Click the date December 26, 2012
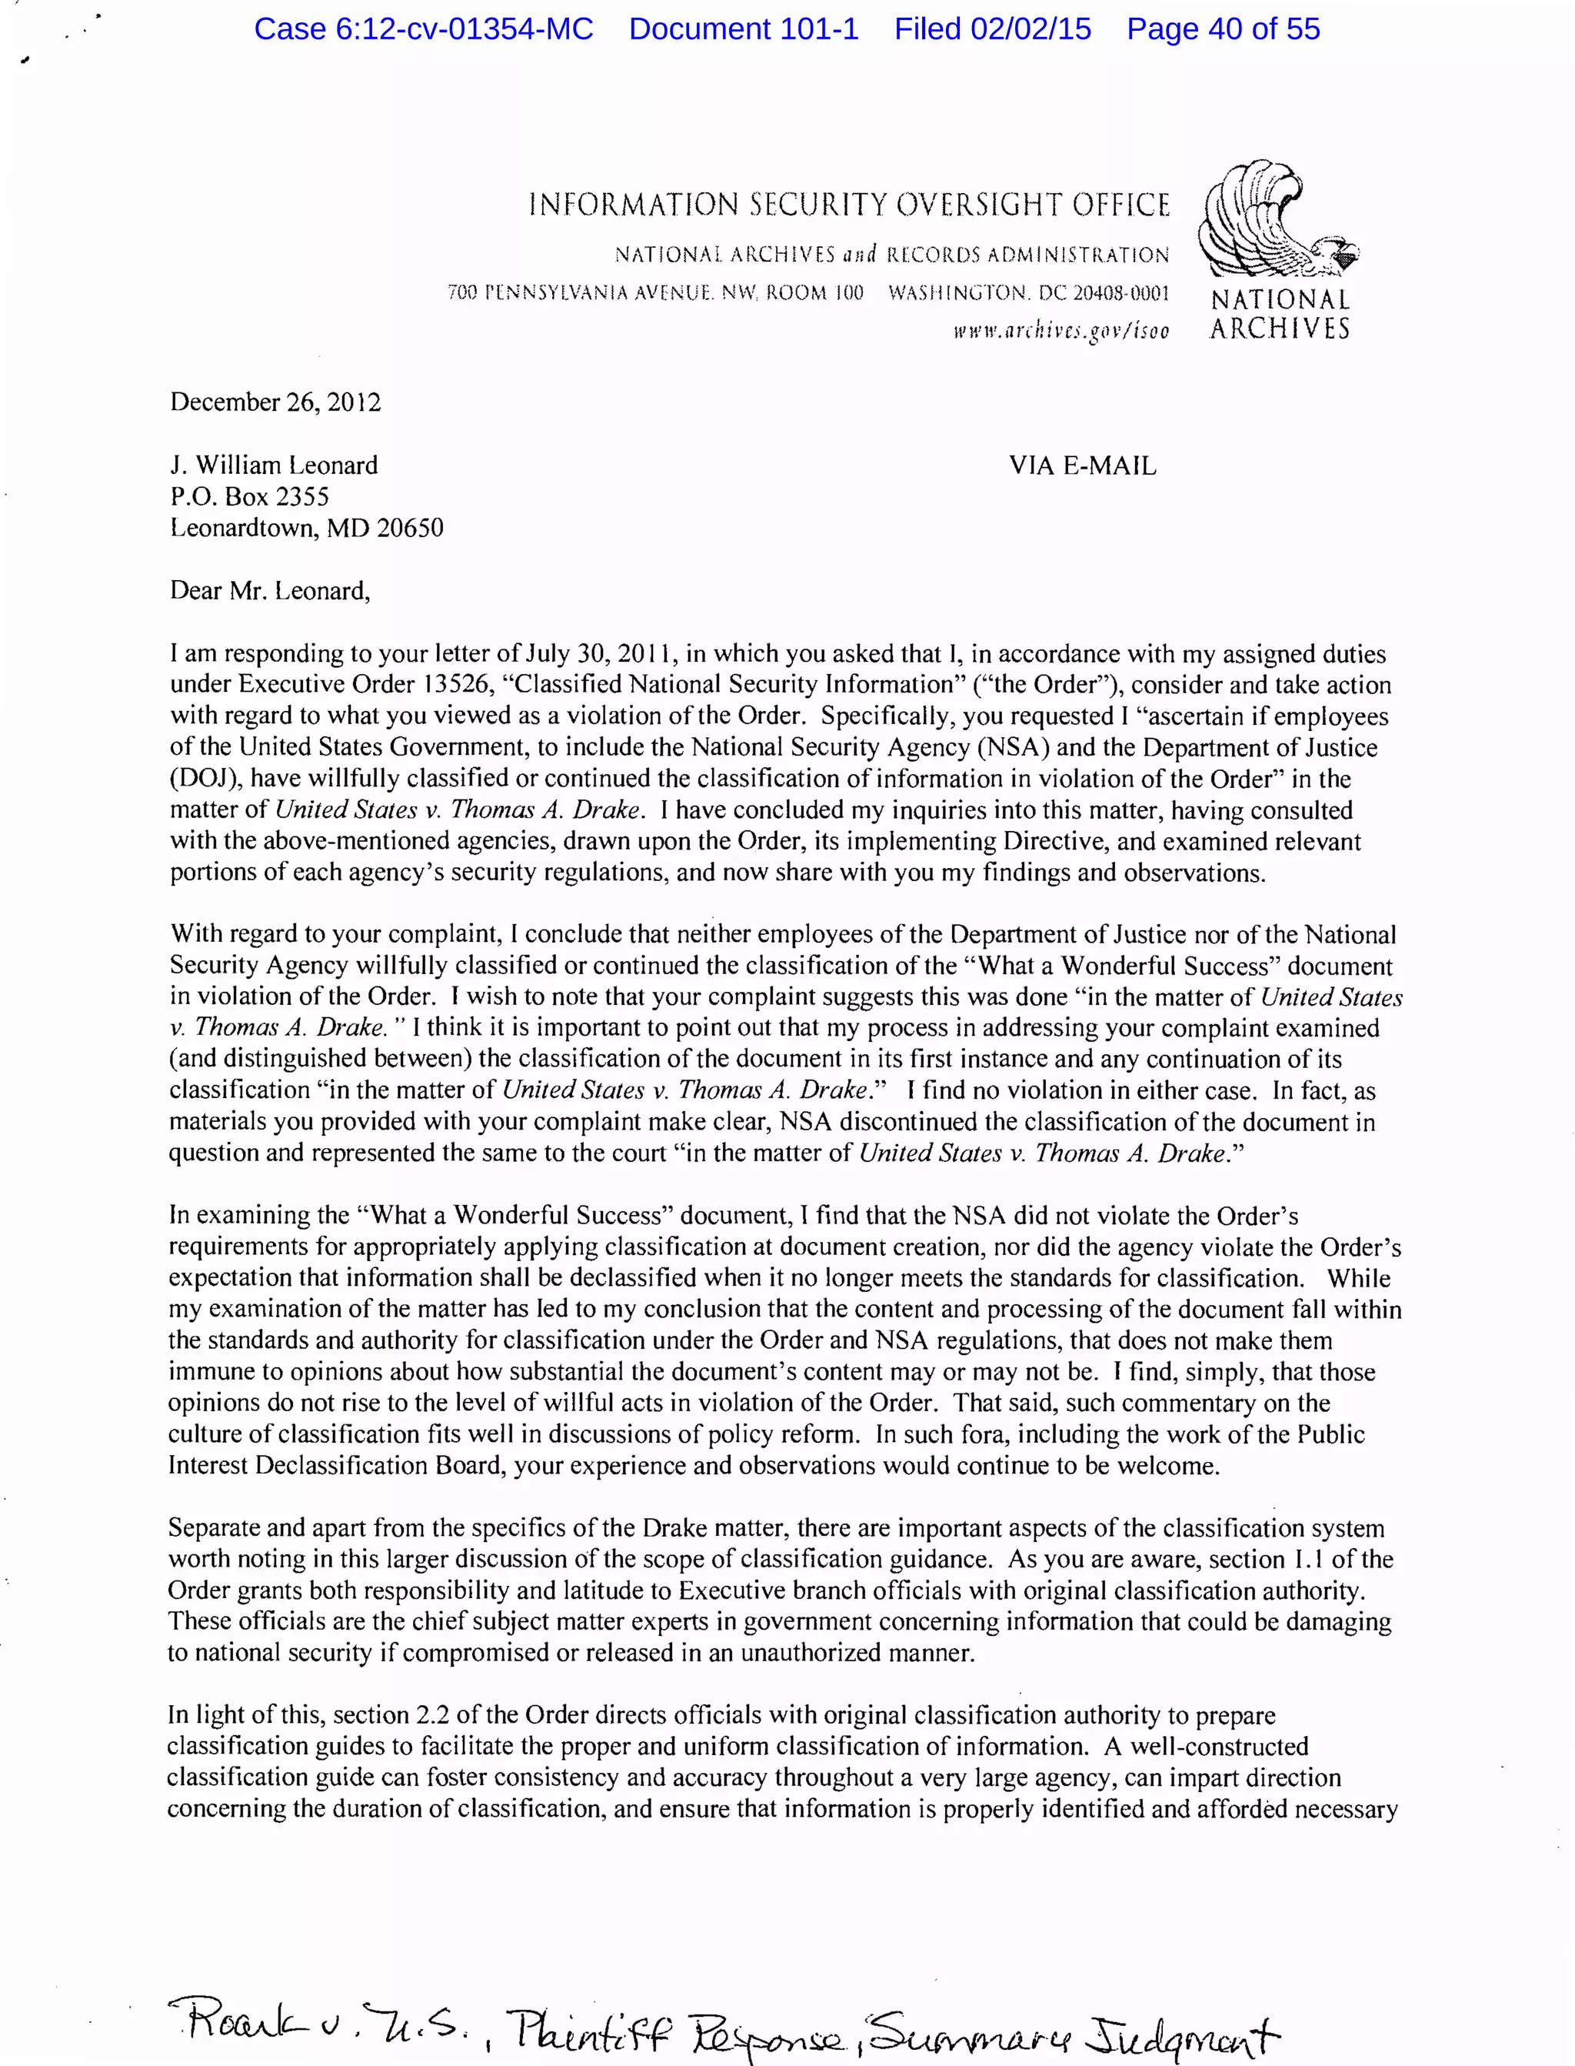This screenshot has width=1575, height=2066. [x=275, y=402]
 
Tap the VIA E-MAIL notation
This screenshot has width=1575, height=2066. [x=1082, y=466]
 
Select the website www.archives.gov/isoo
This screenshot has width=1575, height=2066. [x=1061, y=330]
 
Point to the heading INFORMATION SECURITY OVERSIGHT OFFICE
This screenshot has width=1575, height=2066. [x=848, y=205]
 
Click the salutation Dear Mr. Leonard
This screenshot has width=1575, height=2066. [x=270, y=591]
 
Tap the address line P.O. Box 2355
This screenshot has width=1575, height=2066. [x=249, y=496]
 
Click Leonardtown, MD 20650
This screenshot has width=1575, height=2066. [x=307, y=528]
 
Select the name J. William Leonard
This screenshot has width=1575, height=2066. [x=274, y=466]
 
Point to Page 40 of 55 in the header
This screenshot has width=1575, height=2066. [x=1223, y=29]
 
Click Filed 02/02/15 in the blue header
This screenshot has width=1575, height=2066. [x=992, y=29]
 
